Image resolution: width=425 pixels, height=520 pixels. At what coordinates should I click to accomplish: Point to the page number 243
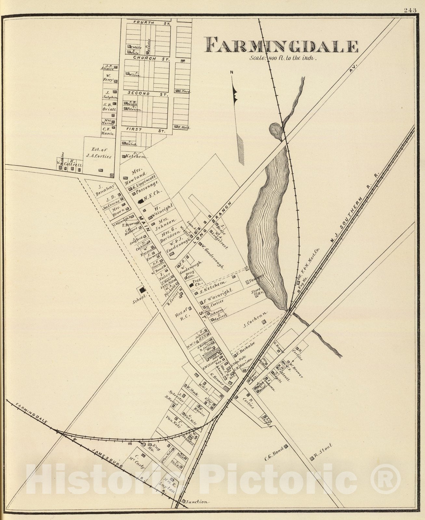[410, 10]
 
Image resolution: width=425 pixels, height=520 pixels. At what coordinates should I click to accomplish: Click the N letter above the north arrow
[232, 73]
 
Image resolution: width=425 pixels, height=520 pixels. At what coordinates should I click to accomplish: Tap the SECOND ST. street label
[147, 94]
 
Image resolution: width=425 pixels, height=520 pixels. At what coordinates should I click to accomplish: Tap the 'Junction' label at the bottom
[197, 501]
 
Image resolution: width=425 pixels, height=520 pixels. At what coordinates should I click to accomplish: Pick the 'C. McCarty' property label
[139, 461]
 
